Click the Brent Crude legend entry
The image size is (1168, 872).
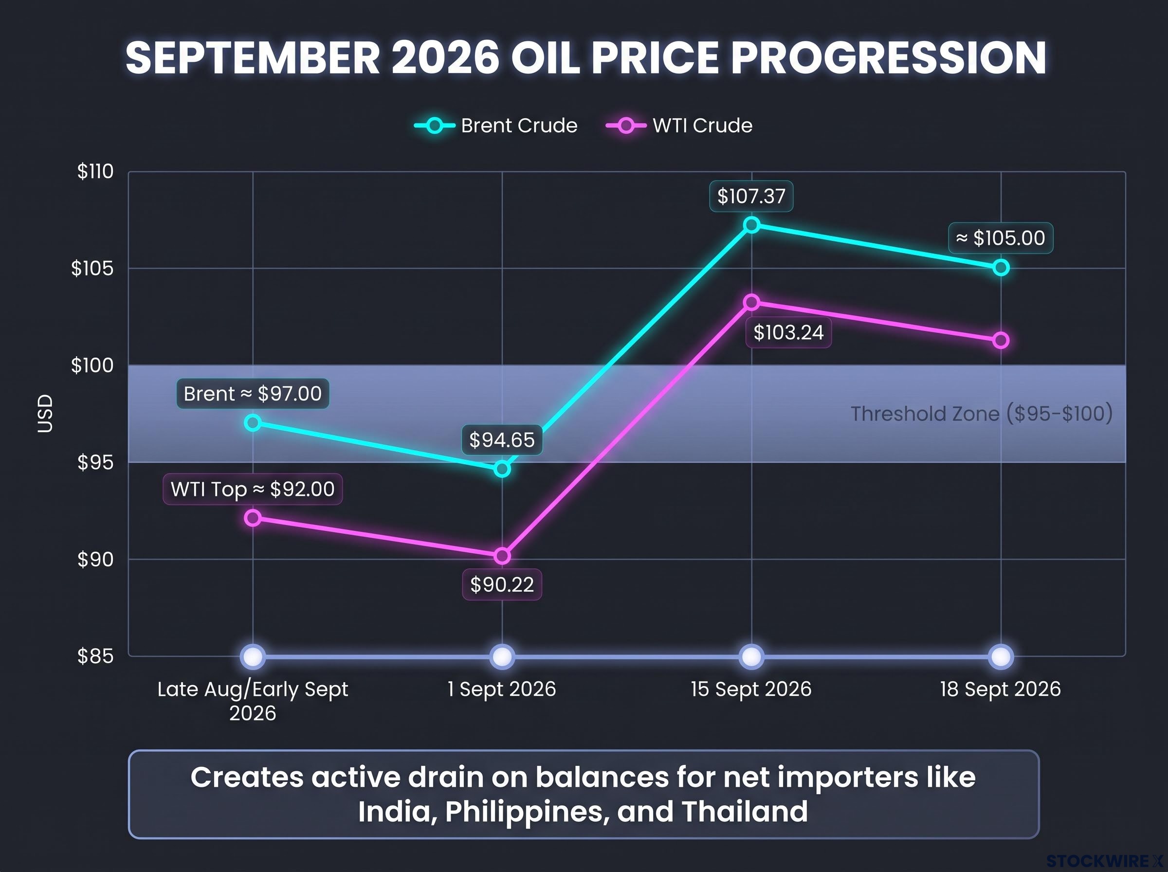495,126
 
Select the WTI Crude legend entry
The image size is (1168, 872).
679,126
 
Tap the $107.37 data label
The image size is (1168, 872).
751,197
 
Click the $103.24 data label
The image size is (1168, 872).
788,332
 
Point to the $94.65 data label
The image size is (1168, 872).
502,440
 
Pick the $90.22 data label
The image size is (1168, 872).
502,584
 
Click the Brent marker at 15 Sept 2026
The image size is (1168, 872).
751,225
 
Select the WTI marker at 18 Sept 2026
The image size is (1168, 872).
1001,341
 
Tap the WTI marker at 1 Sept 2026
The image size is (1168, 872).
502,556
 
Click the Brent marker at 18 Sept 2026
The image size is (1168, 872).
1001,268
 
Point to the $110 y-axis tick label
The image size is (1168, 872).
95,172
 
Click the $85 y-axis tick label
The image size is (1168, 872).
95,656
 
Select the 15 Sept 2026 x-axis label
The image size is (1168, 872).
751,689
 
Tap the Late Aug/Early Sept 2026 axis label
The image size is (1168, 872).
253,701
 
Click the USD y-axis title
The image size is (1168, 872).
45,414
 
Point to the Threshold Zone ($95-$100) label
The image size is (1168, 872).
981,414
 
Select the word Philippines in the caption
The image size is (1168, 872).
524,811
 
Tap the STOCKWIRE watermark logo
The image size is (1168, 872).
1105,861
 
